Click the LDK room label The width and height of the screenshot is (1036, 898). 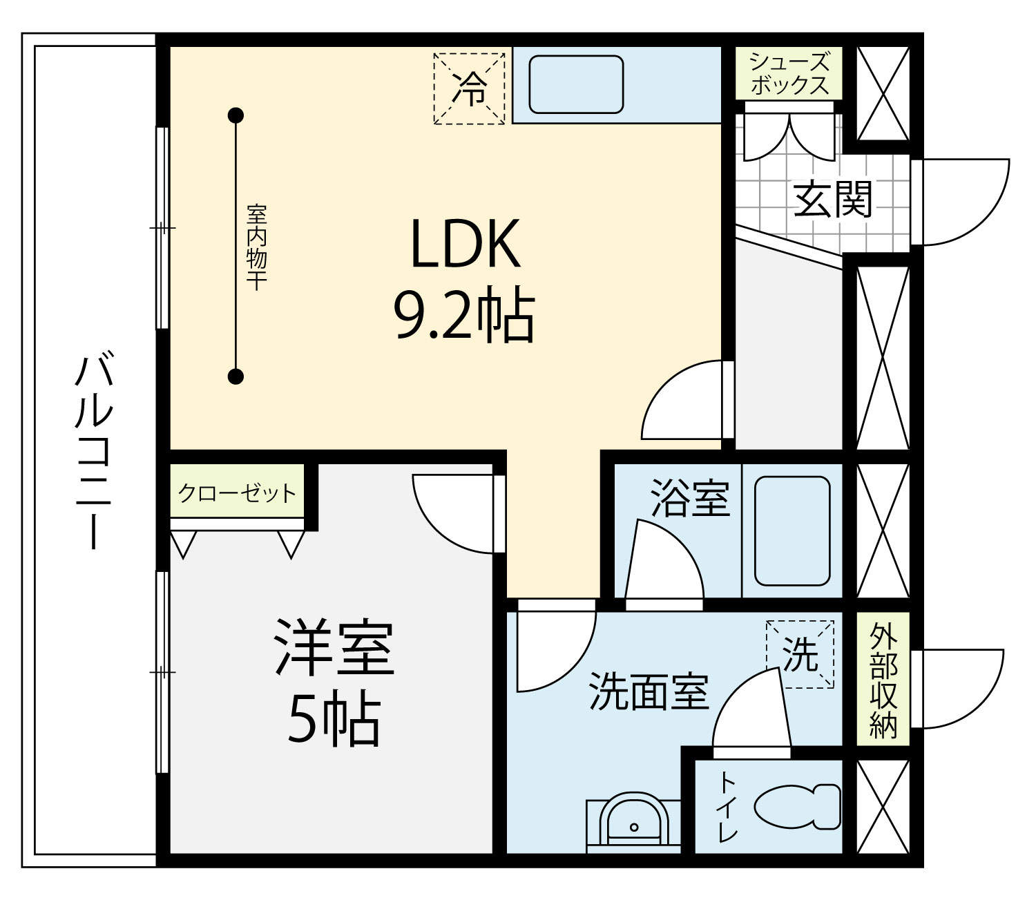click(x=466, y=244)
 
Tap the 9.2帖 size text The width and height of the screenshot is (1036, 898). click(x=464, y=316)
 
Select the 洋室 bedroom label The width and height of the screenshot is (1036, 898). click(x=334, y=648)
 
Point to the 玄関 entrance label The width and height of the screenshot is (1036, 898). click(x=832, y=198)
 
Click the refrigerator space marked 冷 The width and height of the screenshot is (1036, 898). click(x=469, y=88)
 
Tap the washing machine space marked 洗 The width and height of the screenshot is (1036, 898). click(x=800, y=654)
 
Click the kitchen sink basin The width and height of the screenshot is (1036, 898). click(x=576, y=85)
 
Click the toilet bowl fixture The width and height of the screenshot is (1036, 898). click(x=797, y=807)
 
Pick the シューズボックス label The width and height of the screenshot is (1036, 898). click(x=789, y=74)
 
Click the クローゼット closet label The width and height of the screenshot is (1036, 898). click(x=237, y=493)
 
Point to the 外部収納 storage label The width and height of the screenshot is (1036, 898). click(x=883, y=681)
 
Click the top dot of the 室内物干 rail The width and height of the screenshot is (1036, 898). click(x=236, y=116)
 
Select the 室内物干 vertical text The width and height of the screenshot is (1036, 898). click(x=256, y=247)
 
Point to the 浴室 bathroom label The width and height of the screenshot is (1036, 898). click(x=690, y=498)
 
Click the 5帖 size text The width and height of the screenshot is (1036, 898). click(x=334, y=718)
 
